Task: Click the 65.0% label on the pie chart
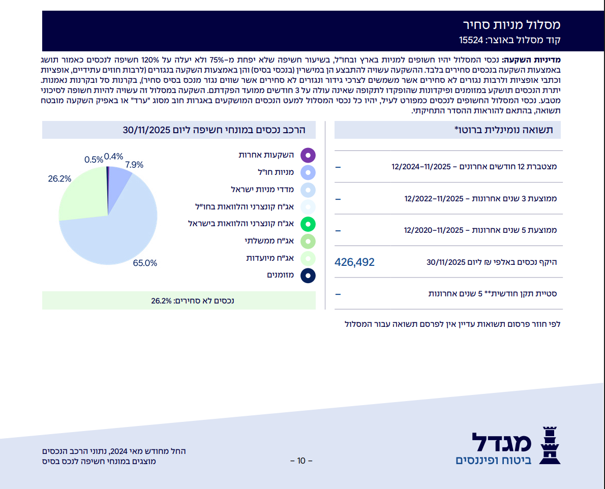(x=145, y=263)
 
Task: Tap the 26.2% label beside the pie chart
(x=59, y=179)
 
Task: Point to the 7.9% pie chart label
(x=134, y=165)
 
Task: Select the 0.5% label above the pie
(x=94, y=160)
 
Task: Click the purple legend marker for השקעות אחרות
(x=308, y=155)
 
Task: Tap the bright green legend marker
(x=308, y=224)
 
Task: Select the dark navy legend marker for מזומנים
(x=308, y=276)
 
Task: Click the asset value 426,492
(x=355, y=262)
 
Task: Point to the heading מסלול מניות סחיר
(x=511, y=24)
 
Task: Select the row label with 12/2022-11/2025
(x=480, y=198)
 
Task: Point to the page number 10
(x=301, y=461)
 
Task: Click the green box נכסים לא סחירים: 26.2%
(x=193, y=300)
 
